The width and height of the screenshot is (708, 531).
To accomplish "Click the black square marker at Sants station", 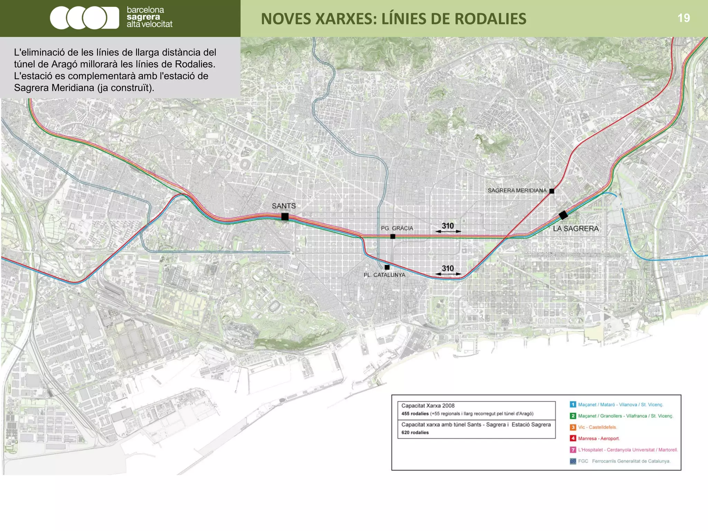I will tap(285, 217).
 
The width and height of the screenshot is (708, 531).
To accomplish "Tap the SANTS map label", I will tap(283, 206).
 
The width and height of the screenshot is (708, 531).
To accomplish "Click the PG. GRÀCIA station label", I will tap(397, 228).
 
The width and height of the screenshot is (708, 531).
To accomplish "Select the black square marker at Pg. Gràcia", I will tap(393, 236).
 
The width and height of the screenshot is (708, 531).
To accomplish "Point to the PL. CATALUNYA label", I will tap(384, 275).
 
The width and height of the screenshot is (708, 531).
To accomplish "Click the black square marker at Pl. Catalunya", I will tap(387, 267).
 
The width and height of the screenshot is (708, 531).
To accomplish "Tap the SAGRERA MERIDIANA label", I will tap(517, 190).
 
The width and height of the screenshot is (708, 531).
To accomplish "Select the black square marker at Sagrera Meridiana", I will tap(552, 191).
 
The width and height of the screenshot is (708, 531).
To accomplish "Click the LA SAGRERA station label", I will tap(576, 229).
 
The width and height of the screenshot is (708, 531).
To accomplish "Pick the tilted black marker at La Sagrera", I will tap(563, 215).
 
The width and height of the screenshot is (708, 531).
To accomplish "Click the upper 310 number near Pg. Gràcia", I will tap(448, 226).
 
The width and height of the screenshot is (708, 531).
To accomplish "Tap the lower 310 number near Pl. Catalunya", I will tap(448, 268).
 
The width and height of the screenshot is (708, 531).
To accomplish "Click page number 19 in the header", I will tap(683, 18).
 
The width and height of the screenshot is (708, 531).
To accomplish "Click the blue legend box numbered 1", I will tap(573, 404).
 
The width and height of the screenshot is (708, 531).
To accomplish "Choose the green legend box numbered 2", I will tap(573, 416).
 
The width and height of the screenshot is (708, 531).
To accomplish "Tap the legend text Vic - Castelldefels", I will tap(597, 427).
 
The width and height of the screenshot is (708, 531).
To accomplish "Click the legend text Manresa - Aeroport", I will tap(598, 438).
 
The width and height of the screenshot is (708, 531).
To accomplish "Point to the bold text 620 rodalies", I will tap(415, 432).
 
